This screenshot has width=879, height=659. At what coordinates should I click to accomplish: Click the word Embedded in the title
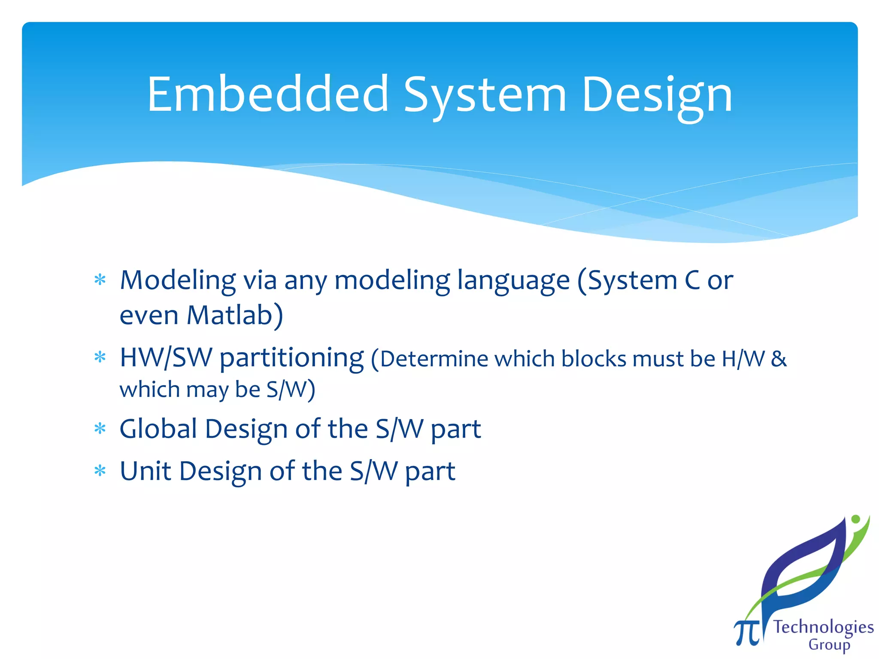click(268, 94)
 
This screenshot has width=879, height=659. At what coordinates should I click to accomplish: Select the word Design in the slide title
click(657, 95)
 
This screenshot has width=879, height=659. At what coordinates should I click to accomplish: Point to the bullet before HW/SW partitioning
click(100, 357)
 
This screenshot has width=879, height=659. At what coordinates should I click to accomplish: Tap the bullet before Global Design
click(100, 429)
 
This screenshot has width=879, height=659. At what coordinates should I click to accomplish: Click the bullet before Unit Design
click(100, 471)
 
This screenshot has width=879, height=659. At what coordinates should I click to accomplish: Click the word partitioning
click(291, 358)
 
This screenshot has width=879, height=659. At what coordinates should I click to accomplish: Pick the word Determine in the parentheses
click(434, 359)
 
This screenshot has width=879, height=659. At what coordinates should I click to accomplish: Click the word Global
click(158, 429)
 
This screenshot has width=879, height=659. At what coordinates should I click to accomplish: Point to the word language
click(513, 281)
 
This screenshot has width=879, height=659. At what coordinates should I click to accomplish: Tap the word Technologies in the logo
click(823, 628)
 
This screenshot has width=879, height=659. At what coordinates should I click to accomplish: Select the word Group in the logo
click(829, 645)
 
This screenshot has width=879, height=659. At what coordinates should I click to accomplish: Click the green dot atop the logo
click(855, 519)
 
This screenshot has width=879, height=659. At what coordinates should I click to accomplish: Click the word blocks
click(594, 359)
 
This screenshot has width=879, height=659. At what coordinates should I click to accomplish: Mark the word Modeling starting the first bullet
click(178, 281)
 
